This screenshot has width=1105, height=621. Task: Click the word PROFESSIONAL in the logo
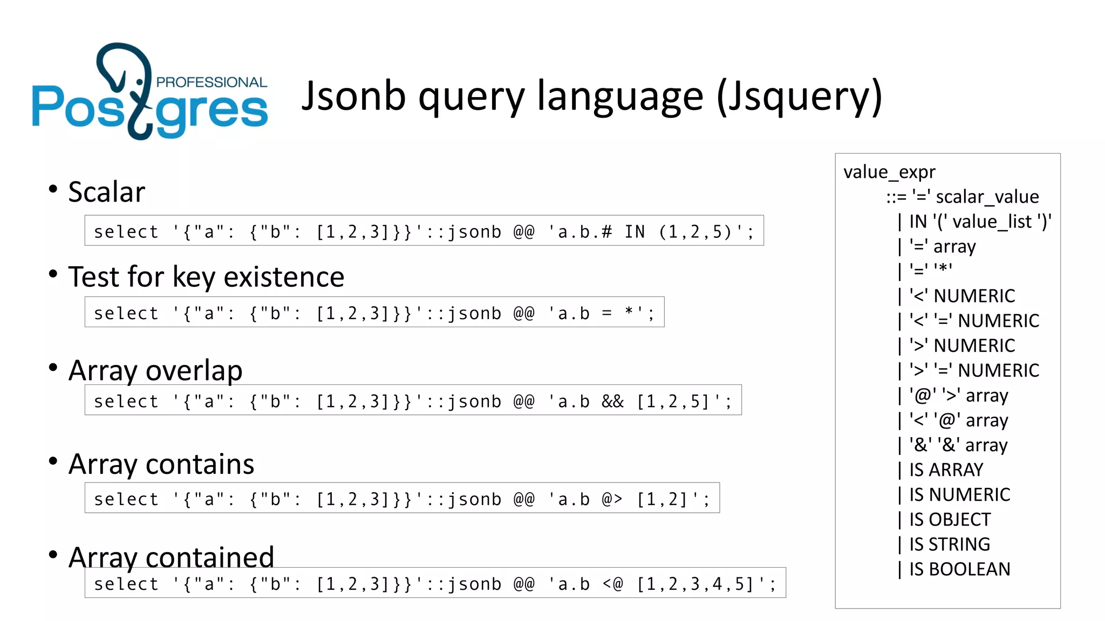[212, 82]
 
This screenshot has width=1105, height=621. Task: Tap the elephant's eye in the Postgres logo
[140, 82]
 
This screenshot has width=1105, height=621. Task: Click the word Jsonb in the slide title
[353, 96]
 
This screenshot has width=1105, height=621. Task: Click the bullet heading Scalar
[107, 192]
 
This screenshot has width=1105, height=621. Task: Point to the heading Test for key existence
[206, 277]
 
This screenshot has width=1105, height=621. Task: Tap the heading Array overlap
[155, 370]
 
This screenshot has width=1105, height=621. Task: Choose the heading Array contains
[161, 464]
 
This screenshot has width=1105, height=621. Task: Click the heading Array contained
[171, 557]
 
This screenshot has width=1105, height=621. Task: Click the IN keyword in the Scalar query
[635, 232]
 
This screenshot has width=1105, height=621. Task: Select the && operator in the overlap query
[612, 402]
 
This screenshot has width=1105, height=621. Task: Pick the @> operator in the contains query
[612, 499]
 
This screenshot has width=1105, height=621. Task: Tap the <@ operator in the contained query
[612, 584]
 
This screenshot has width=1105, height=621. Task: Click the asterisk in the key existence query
[629, 313]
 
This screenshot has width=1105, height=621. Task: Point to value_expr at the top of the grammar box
[889, 172]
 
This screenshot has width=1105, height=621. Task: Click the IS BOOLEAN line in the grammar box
[959, 569]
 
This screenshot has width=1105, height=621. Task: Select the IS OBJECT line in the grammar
[950, 520]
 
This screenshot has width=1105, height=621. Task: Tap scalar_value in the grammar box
[987, 197]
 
